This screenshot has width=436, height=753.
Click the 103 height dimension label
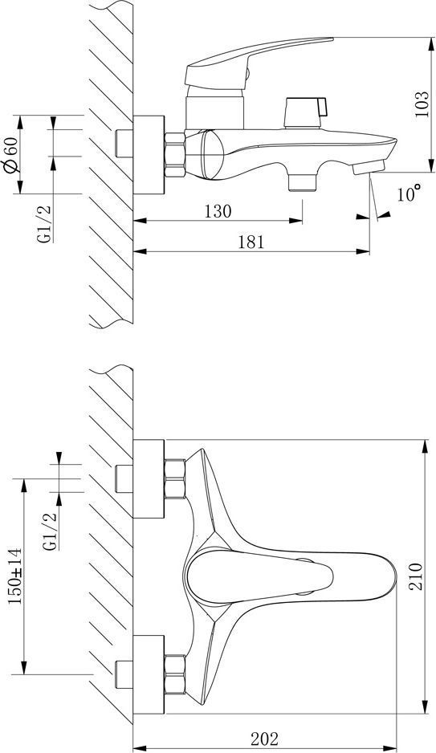click(421, 104)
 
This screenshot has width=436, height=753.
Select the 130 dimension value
click(218, 211)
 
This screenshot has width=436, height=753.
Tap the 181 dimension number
click(251, 242)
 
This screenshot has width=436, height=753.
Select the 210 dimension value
click(416, 576)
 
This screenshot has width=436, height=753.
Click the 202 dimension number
click(265, 739)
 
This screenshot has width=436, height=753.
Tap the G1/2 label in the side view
click(45, 224)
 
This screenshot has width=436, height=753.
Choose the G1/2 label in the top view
click(50, 531)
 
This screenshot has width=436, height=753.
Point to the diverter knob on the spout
click(305, 113)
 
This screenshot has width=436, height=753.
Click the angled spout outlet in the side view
click(369, 168)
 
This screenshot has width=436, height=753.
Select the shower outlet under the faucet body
click(303, 182)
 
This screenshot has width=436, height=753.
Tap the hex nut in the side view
click(175, 155)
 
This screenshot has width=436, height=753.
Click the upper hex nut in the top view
click(175, 479)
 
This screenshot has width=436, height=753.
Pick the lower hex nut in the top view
click(175, 674)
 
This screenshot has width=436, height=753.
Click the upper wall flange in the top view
click(149, 478)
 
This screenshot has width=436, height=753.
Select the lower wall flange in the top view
click(149, 674)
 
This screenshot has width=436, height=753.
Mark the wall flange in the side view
click(149, 155)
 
